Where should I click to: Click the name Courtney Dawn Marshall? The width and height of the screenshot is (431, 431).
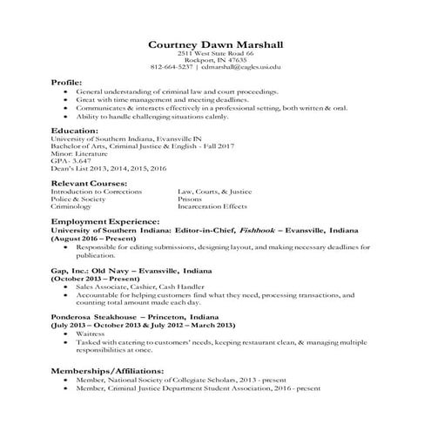click(214, 44)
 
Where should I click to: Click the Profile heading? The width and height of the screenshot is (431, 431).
click(69, 81)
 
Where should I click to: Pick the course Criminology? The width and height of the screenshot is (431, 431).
click(72, 207)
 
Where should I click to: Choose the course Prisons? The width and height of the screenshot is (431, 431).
click(191, 199)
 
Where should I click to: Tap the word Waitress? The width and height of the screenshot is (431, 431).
click(91, 333)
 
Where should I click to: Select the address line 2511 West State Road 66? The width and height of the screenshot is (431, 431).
click(215, 54)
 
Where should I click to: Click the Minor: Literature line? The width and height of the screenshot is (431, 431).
click(81, 153)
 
